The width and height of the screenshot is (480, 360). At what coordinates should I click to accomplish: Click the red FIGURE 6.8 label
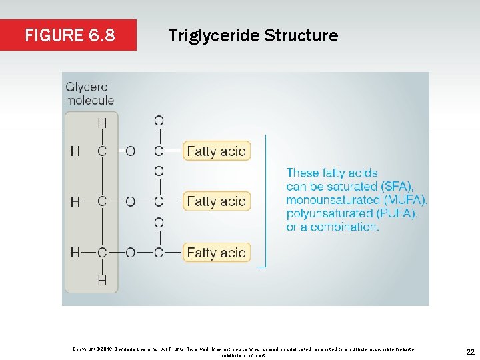(69, 35)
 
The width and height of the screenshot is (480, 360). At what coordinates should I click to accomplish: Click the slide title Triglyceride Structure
(253, 35)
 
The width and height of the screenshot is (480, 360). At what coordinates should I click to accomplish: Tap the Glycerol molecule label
(89, 94)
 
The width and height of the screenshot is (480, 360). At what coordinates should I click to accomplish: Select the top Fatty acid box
(216, 151)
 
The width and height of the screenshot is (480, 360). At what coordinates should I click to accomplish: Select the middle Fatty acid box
(216, 201)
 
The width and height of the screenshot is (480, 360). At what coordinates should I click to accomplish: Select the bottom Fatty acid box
(216, 253)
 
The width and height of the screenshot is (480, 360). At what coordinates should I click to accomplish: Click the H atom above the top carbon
(102, 123)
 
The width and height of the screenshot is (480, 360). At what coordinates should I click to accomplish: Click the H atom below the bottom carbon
(102, 281)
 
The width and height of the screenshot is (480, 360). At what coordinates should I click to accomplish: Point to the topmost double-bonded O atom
(159, 121)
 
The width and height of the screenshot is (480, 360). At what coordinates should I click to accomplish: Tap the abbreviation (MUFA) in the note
(405, 200)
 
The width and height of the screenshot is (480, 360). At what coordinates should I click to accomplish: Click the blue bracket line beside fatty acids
(265, 200)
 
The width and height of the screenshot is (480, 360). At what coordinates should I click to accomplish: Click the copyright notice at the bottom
(243, 351)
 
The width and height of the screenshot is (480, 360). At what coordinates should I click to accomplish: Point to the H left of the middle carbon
(75, 201)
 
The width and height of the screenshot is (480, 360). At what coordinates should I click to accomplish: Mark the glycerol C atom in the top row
(102, 151)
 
